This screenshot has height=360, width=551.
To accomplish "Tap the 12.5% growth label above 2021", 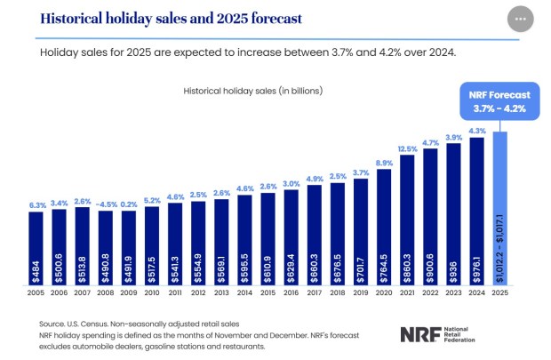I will [407, 148].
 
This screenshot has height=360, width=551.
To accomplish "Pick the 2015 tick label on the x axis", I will [268, 292].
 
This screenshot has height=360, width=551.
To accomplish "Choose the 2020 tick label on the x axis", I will [384, 292].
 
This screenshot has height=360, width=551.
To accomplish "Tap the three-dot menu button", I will [521, 19].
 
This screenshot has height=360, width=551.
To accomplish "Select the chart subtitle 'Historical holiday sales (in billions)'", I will [252, 91].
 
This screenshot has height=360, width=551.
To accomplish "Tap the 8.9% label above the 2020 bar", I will [384, 163].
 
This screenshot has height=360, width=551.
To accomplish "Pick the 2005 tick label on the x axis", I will [36, 292].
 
